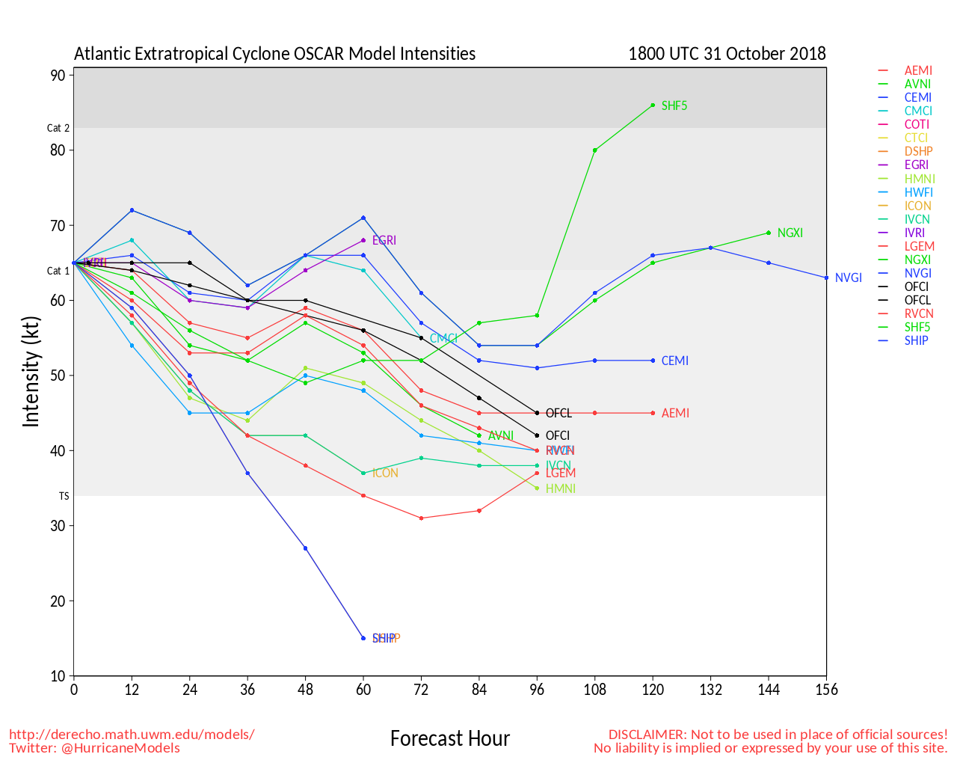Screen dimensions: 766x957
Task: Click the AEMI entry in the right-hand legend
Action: (918, 70)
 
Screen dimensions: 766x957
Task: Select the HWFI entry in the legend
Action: (918, 192)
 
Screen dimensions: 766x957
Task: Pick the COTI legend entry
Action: (917, 124)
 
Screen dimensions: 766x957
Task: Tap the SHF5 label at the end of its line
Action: (674, 106)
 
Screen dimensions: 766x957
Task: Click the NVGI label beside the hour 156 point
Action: (848, 278)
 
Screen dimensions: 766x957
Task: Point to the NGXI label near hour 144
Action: (790, 233)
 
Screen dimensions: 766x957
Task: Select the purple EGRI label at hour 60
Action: (384, 240)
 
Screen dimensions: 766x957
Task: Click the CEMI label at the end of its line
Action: (674, 361)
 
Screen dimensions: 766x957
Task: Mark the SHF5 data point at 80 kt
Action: (595, 150)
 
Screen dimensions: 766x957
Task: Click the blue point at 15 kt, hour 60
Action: (363, 638)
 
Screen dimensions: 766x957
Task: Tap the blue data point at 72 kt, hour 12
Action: (132, 210)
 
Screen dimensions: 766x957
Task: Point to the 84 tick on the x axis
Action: (479, 690)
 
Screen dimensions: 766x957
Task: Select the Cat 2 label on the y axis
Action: (58, 128)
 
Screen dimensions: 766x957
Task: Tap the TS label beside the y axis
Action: (64, 496)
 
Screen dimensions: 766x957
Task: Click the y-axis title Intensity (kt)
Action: (31, 372)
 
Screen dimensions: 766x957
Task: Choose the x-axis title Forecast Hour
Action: (449, 738)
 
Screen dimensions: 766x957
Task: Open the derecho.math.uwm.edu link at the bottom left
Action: (132, 735)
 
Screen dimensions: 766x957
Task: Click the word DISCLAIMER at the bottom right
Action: (647, 735)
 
